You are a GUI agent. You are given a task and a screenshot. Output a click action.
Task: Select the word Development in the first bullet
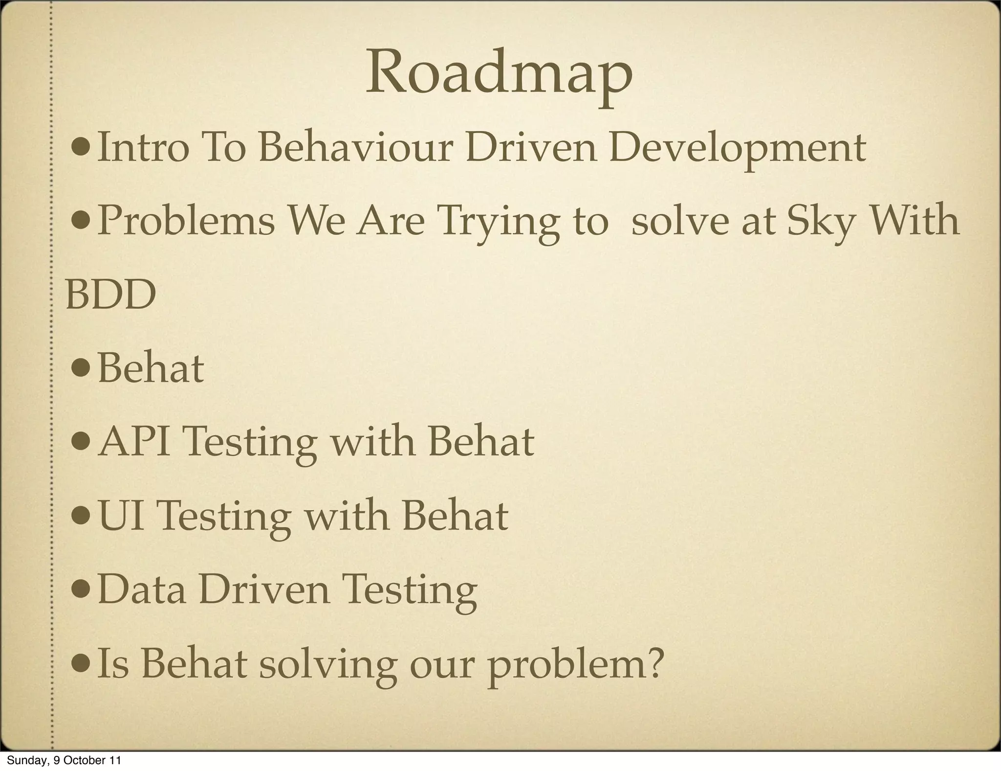tap(737, 149)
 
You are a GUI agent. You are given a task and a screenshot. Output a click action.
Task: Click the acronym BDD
tap(111, 295)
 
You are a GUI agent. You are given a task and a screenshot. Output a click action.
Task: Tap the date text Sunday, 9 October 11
tap(64, 760)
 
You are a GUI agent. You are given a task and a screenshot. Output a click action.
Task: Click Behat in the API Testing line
tap(481, 442)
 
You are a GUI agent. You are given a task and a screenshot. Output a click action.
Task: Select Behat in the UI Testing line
tap(455, 516)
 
